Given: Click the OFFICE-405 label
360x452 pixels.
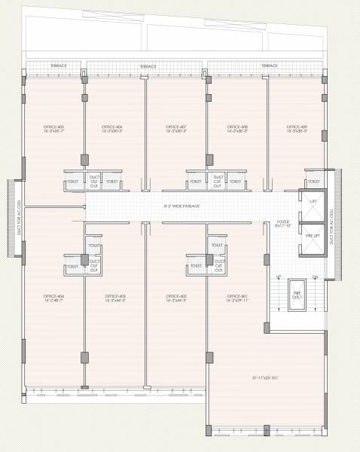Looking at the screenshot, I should tap(52, 126).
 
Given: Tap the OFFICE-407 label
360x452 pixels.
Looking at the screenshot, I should tap(176, 126).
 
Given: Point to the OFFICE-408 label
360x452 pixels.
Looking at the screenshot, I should tap(237, 126).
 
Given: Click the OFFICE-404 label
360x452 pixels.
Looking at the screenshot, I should tap(54, 297).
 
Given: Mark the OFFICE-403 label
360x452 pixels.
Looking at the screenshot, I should tap(115, 297).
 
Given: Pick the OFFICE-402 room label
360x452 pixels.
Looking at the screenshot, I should tap(176, 297).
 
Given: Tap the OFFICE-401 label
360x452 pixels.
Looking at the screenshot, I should tap(237, 297).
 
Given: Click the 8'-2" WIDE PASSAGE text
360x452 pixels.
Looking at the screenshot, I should tap(182, 206).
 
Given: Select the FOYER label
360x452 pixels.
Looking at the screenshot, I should tap(282, 221).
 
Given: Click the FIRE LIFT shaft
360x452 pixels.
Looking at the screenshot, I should tap(312, 236).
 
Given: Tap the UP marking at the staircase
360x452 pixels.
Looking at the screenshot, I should tap(279, 277).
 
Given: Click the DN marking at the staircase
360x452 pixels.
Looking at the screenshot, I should tap(315, 277).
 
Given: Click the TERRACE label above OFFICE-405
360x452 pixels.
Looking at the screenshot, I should tap(58, 66).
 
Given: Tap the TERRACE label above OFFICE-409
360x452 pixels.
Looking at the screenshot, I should tap(270, 66).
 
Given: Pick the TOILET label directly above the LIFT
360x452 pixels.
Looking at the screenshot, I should tap(313, 182).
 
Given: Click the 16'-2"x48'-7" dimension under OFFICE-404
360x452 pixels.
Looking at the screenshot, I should tap(54, 302).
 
